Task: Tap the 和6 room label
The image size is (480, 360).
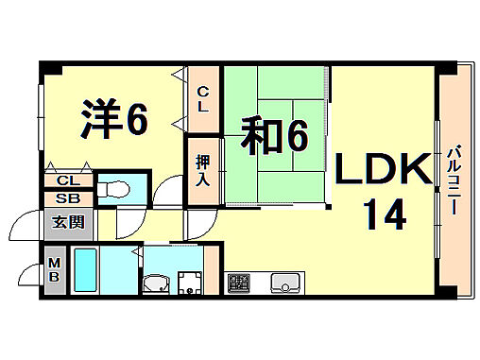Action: click(x=273, y=137)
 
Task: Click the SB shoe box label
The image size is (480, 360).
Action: click(x=66, y=198)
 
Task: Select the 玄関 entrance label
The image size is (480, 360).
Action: click(x=66, y=222)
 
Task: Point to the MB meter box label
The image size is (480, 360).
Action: click(x=55, y=268)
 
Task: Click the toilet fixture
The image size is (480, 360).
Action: click(x=116, y=187)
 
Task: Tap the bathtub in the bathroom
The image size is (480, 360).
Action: click(x=90, y=271)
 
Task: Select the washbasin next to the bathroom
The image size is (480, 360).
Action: click(x=155, y=283)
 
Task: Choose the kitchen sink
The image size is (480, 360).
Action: click(x=284, y=282)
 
